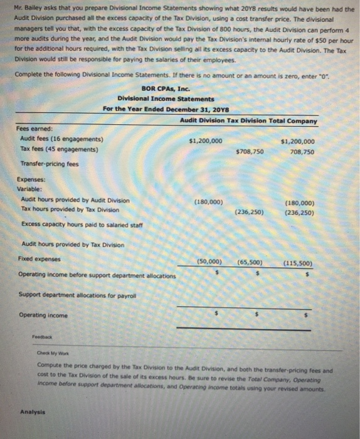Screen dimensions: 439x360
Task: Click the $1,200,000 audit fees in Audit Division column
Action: click(x=205, y=141)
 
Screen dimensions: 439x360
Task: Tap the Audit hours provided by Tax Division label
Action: click(x=73, y=244)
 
